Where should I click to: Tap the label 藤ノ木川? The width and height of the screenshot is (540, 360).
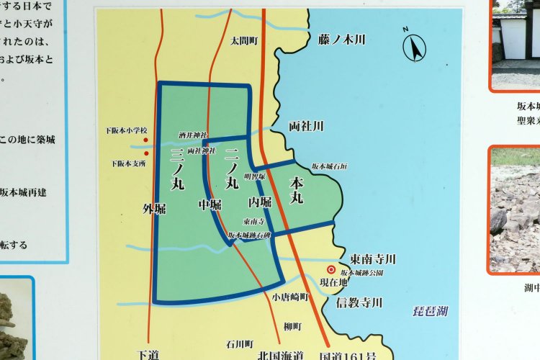[x=341, y=39]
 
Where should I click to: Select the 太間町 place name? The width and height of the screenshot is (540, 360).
[x=244, y=41]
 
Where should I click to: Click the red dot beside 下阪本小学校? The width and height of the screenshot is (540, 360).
[x=146, y=140]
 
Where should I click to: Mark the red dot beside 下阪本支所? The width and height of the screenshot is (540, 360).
[x=146, y=153]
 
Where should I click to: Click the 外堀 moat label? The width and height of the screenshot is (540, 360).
[x=154, y=209]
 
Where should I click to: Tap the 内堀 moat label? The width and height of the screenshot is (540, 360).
[x=260, y=202]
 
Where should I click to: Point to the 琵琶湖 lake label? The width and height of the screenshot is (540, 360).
[x=430, y=311]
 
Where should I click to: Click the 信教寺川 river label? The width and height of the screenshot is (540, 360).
[x=359, y=302]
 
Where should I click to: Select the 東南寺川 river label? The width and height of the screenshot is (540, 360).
[x=373, y=259]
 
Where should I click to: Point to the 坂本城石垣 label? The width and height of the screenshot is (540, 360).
[x=330, y=166]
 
